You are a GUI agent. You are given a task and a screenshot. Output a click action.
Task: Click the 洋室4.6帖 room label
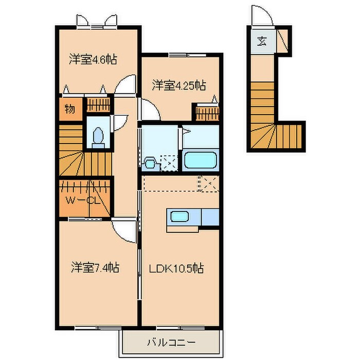(93, 59)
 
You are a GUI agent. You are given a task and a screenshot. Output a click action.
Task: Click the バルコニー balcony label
(172, 342)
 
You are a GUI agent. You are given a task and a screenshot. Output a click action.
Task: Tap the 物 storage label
(70, 109)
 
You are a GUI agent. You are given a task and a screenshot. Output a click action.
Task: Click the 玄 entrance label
(262, 41)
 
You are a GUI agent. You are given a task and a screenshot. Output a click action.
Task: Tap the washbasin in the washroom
(150, 163)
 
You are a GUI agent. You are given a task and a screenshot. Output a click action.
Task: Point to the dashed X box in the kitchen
(209, 183)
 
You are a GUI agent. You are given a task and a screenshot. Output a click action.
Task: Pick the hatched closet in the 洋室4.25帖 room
(206, 112)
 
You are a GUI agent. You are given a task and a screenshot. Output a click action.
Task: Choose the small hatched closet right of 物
(94, 104)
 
